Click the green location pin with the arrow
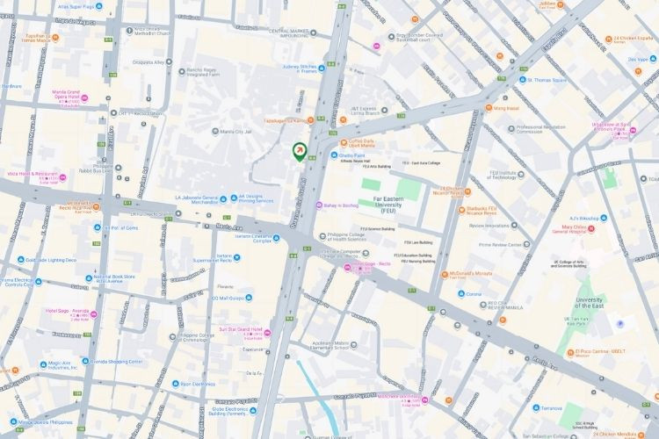(300, 152)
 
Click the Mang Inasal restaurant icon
(489, 108)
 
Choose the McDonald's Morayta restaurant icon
(445, 274)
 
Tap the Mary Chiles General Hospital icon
(590, 233)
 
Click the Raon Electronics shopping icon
(175, 384)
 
